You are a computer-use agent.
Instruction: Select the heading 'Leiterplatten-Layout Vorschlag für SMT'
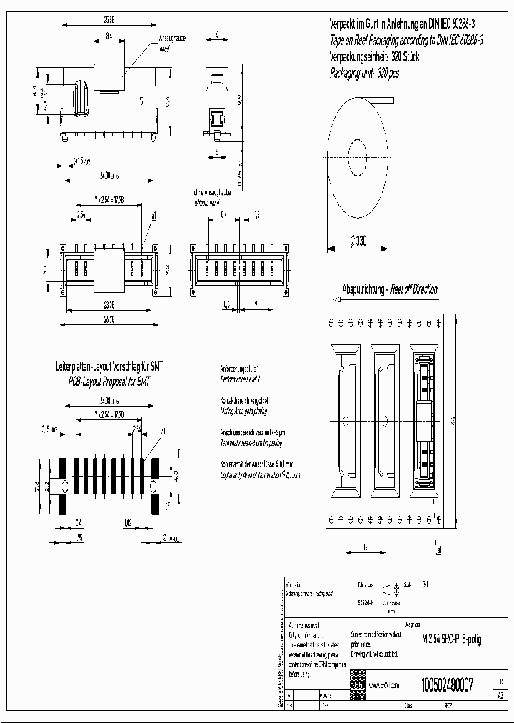pyautogui.click(x=109, y=367)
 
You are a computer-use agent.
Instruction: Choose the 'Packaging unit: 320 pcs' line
pyautogui.click(x=364, y=73)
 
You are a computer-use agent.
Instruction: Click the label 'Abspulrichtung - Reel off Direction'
pyautogui.click(x=390, y=290)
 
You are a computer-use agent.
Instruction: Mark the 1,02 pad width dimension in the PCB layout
pyautogui.click(x=127, y=522)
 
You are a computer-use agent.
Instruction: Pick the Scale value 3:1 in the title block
pyautogui.click(x=427, y=584)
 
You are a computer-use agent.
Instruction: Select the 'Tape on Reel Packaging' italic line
pyautogui.click(x=406, y=41)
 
